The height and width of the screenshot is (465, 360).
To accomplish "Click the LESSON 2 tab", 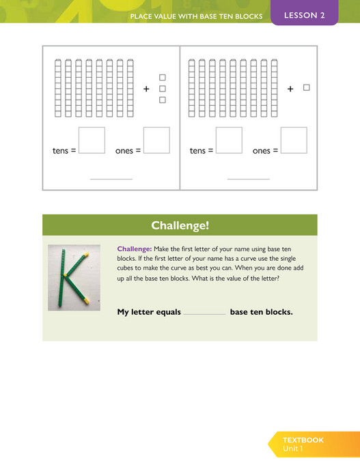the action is point(304,15).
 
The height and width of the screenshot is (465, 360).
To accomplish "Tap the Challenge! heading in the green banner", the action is point(180,225).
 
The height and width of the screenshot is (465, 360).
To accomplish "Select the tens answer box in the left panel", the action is point(92,140).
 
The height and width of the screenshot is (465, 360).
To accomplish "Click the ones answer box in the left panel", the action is point(156,140).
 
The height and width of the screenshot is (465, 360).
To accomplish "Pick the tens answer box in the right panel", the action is point(229,140).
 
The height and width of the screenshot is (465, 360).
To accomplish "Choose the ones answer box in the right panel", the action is point(294,140).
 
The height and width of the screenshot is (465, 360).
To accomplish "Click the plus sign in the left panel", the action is point(146,89).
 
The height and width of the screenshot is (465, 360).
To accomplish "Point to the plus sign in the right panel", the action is point(290,89).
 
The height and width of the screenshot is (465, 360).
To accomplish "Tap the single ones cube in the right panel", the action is point(307,87).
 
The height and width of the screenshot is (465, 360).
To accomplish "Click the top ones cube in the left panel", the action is point(163,77).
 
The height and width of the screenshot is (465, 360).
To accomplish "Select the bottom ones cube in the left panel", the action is point(163,100).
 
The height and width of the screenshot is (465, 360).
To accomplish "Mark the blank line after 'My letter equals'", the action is point(205,313).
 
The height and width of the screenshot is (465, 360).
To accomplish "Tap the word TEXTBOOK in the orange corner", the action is point(303,440).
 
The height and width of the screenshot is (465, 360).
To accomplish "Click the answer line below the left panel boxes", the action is point(111,179).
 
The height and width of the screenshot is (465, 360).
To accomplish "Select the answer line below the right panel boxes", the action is point(249,179).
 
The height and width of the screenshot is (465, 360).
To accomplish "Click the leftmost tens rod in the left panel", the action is point(58,88).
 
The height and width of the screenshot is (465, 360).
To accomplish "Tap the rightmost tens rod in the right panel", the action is point(274,88).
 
